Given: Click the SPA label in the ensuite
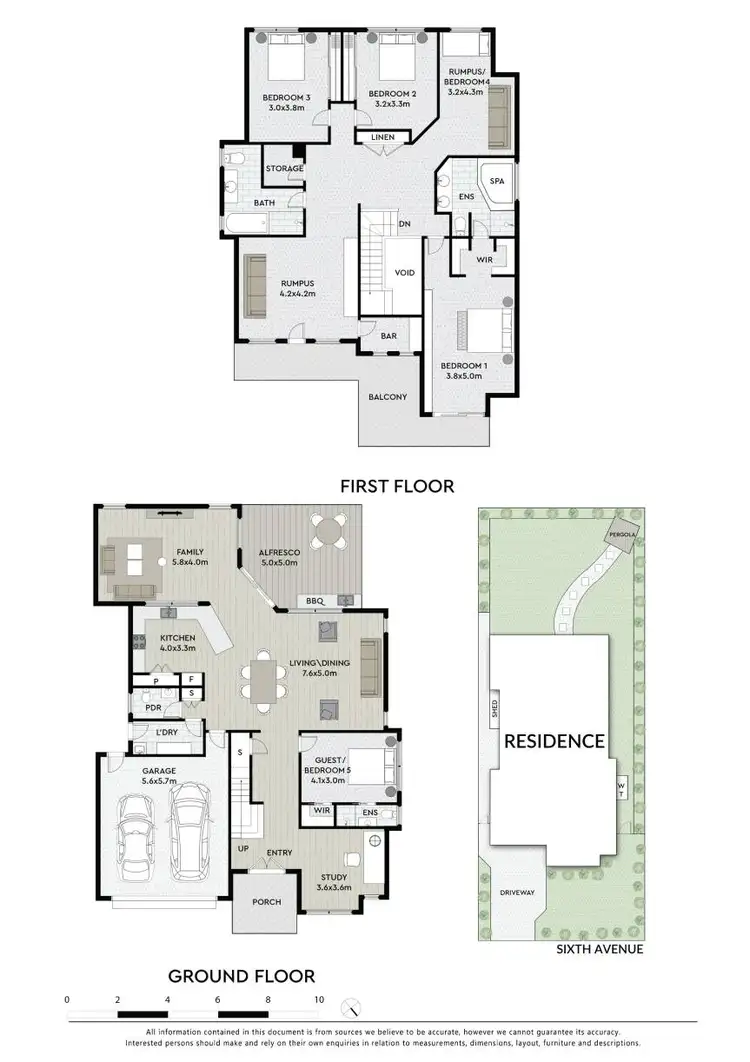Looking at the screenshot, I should [496, 183].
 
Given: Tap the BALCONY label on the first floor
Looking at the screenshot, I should [387, 397].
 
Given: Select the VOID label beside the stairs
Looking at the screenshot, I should [404, 271].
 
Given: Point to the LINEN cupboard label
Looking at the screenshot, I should [382, 137].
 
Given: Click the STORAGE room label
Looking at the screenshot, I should [284, 168].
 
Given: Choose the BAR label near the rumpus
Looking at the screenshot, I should [388, 336].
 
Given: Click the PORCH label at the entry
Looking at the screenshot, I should [266, 902].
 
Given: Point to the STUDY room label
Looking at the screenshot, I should [333, 875].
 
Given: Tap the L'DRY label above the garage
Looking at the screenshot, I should [168, 733].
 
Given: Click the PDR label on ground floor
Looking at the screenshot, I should [153, 708].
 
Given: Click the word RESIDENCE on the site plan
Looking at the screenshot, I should [554, 741].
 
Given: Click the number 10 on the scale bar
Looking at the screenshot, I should [319, 999].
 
